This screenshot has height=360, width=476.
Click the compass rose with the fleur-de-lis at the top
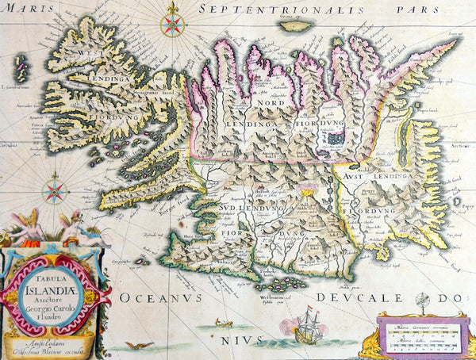(171, 23)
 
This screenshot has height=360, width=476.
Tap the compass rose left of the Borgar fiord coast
(55, 190)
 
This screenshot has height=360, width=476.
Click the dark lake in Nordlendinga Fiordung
(335, 138)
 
